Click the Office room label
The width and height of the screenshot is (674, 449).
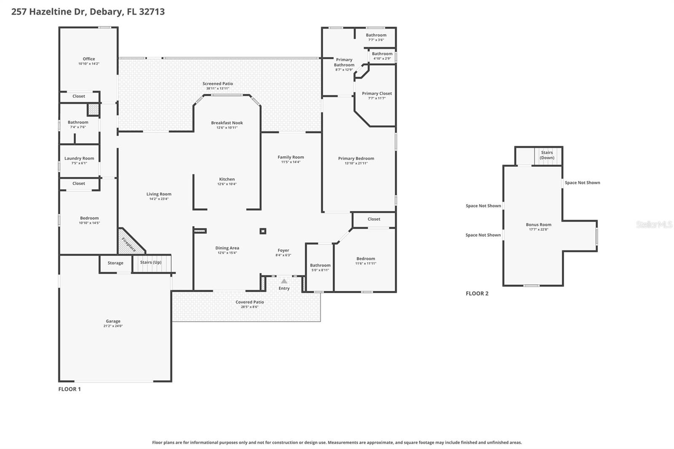point(89,59)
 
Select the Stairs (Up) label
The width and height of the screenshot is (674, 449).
point(151,262)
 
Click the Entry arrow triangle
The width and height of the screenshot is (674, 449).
point(284,281)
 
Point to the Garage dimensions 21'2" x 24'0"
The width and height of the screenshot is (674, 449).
point(113,326)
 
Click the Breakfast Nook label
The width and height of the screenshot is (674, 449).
point(227,123)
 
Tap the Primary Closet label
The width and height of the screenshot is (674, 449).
point(377,94)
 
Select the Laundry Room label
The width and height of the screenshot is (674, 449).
point(79,158)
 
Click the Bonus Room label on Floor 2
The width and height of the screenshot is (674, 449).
point(538,224)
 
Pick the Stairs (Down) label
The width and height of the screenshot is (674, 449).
point(547,155)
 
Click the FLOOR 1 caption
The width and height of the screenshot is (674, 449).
point(70,389)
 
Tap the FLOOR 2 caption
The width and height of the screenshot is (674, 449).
point(477,294)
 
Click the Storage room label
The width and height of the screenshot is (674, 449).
point(115,263)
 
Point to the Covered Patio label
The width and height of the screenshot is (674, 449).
point(250,302)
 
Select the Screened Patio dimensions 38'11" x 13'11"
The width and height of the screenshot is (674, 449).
point(218,88)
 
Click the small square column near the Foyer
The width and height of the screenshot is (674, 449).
point(263,231)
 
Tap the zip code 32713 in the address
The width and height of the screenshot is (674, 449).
point(152,12)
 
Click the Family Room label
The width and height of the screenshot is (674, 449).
point(291,157)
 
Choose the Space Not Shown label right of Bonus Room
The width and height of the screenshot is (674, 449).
point(582,183)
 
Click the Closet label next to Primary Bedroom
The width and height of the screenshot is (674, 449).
point(374,219)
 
